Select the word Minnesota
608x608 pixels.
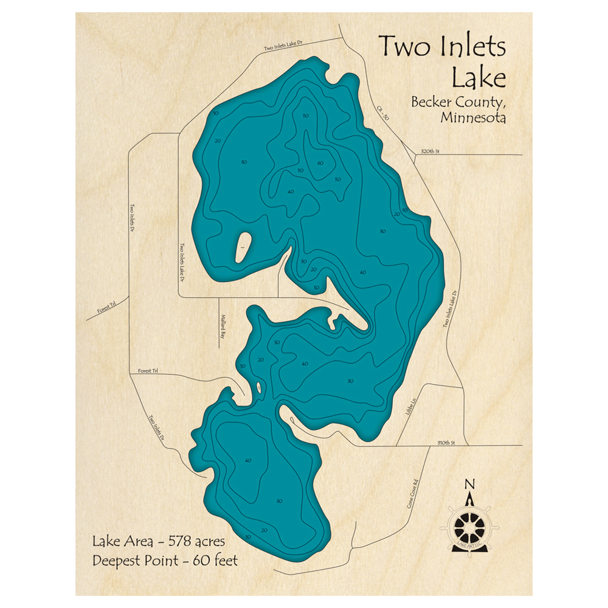coord(472,118)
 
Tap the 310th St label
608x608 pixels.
coord(445,442)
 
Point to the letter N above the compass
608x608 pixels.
coord(469,484)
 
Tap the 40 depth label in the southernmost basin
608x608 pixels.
coord(247,460)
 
